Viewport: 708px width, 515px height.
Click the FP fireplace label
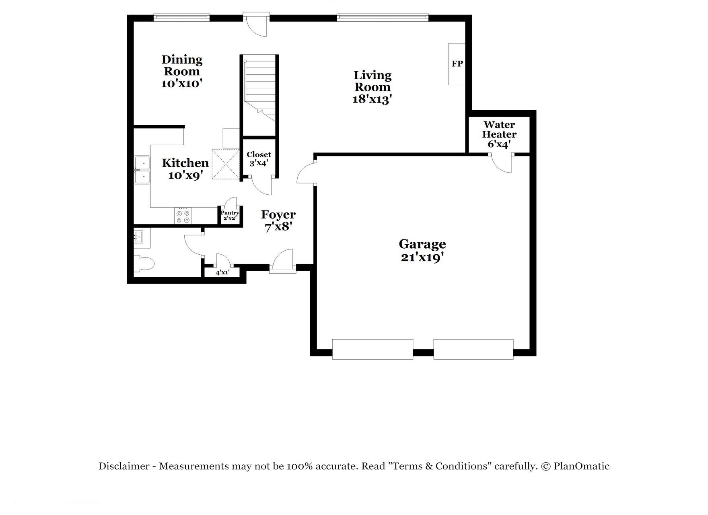click(x=457, y=64)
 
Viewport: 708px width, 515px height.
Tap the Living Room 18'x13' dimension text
click(x=372, y=99)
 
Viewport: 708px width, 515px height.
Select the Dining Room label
click(x=182, y=66)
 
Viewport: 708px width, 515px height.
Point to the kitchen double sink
click(x=142, y=170)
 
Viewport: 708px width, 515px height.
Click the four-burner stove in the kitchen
click(x=183, y=216)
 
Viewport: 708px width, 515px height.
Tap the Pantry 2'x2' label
click(x=230, y=215)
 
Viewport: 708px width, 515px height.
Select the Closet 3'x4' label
click(x=259, y=159)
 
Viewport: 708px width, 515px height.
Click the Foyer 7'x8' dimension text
click(x=278, y=227)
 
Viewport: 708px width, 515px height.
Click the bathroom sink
click(x=138, y=237)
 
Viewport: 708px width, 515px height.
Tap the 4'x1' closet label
click(x=222, y=272)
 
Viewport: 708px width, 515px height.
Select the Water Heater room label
click(x=499, y=130)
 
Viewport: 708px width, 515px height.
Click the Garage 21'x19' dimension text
click(x=422, y=257)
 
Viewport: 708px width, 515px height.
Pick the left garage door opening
click(x=373, y=349)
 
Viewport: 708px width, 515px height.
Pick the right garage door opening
click(x=473, y=349)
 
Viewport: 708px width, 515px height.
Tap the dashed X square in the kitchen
click(x=225, y=164)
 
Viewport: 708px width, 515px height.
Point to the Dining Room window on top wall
click(x=182, y=17)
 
